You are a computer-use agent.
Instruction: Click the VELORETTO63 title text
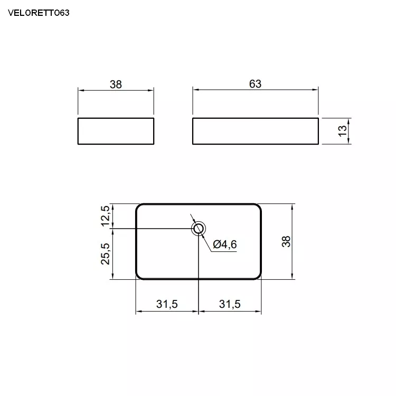click(39, 13)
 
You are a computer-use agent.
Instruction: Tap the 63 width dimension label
click(255, 84)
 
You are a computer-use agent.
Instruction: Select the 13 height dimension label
click(342, 131)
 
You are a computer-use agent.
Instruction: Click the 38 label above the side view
click(116, 84)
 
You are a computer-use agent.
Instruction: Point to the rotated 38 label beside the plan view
click(286, 241)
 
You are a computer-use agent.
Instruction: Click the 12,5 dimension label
click(106, 216)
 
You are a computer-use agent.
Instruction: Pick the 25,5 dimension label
click(105, 254)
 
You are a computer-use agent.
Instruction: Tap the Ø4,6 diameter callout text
click(225, 244)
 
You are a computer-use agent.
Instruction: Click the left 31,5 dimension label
click(167, 304)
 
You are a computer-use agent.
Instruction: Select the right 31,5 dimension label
click(230, 304)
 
